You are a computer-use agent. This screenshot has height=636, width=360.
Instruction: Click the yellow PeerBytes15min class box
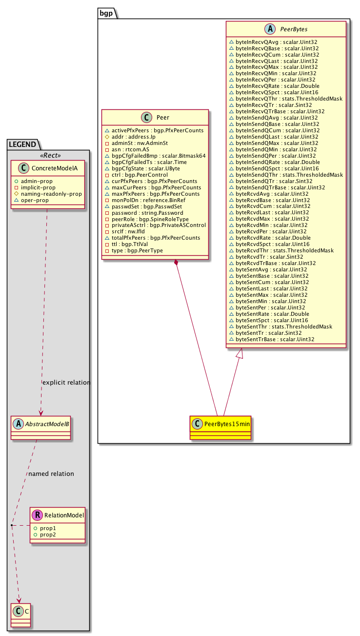(220, 428)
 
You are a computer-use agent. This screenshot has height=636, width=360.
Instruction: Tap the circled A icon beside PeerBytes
(270, 29)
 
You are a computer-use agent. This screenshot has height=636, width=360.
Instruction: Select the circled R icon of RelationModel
(37, 515)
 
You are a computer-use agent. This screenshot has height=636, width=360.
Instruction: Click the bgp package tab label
(106, 13)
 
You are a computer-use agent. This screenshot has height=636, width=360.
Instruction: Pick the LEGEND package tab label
(22, 144)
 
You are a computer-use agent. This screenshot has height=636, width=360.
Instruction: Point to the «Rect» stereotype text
(51, 155)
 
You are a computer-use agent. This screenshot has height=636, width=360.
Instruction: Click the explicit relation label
(66, 383)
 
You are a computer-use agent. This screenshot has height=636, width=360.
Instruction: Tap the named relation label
(51, 473)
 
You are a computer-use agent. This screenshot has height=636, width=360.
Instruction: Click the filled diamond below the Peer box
(177, 262)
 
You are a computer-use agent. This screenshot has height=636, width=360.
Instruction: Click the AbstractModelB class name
(47, 424)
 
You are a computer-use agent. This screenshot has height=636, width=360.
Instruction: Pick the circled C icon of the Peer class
(146, 117)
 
